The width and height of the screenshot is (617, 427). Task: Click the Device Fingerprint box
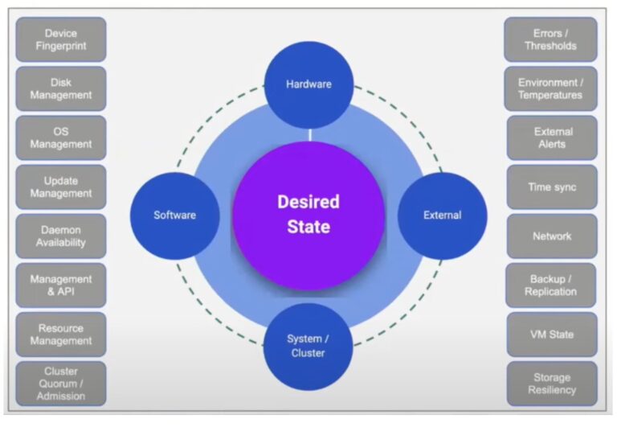(x=61, y=39)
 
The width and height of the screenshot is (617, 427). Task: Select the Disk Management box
(x=61, y=88)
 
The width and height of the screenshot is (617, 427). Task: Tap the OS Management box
(x=61, y=138)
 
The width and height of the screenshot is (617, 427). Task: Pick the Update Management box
(x=61, y=187)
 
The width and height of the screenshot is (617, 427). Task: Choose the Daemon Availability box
(x=61, y=236)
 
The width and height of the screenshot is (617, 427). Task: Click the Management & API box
(x=61, y=285)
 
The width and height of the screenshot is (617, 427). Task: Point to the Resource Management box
(x=61, y=334)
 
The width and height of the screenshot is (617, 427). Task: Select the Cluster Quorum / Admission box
(x=61, y=383)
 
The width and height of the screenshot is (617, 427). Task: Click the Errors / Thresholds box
(x=551, y=39)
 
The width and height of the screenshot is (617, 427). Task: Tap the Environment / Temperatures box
(x=551, y=88)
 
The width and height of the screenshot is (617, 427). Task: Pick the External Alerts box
(x=551, y=138)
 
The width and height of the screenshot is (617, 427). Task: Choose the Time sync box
(x=551, y=187)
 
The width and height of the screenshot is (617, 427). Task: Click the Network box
(x=551, y=236)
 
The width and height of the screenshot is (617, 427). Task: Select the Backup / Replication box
(x=551, y=285)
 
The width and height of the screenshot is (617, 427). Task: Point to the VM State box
(x=551, y=334)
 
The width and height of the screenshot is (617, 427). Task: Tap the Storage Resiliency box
(x=551, y=383)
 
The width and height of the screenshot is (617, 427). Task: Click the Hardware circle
(x=308, y=84)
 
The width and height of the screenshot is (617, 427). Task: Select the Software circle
(x=174, y=215)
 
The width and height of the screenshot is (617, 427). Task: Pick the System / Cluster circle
(x=308, y=346)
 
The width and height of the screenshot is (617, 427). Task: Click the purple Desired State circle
(x=308, y=215)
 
